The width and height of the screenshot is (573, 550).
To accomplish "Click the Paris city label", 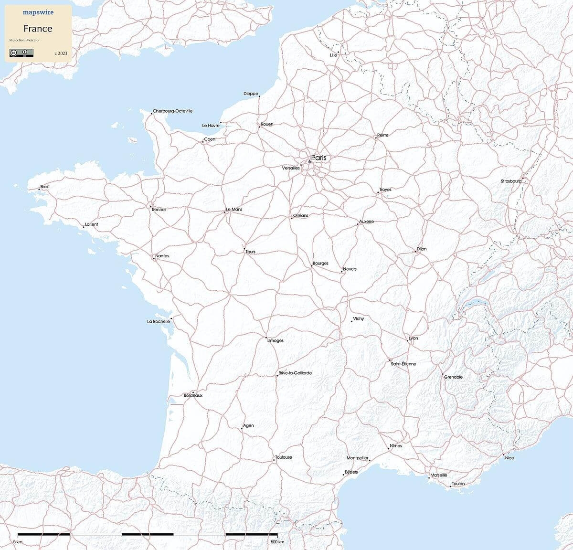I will [318, 158].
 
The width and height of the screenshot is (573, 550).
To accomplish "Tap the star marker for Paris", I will [309, 162].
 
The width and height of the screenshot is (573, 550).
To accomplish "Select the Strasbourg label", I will [511, 181].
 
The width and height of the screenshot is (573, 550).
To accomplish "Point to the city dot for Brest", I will [39, 190].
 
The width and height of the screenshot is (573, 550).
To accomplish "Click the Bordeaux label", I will [193, 396].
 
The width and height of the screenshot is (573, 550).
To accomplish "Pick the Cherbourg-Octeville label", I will [173, 111].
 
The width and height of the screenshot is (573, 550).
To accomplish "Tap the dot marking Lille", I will [339, 52].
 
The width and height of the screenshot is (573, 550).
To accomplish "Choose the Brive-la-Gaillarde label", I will [295, 373].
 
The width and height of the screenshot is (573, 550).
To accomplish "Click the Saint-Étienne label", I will [403, 364].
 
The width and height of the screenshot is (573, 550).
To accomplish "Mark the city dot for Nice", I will [503, 455].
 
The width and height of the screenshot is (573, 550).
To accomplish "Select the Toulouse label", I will [284, 457].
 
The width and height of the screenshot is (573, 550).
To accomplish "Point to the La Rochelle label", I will [158, 321].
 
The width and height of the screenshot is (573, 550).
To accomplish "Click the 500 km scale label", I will [277, 542].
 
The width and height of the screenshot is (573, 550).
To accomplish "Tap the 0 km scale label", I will [18, 542].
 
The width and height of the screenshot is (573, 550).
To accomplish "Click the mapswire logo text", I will [38, 12].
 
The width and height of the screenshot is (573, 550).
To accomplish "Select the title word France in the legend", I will [38, 28].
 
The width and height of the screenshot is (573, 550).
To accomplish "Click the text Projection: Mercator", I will [24, 40].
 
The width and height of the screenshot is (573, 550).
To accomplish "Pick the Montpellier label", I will [357, 458].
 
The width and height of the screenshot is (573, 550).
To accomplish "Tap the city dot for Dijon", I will [415, 252].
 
